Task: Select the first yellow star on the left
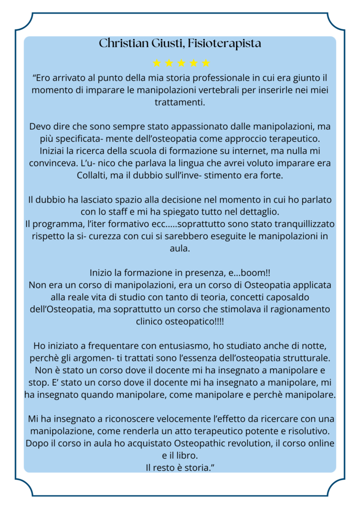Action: click(157, 63)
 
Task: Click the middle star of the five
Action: click(181, 63)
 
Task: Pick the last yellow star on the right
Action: click(206, 63)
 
